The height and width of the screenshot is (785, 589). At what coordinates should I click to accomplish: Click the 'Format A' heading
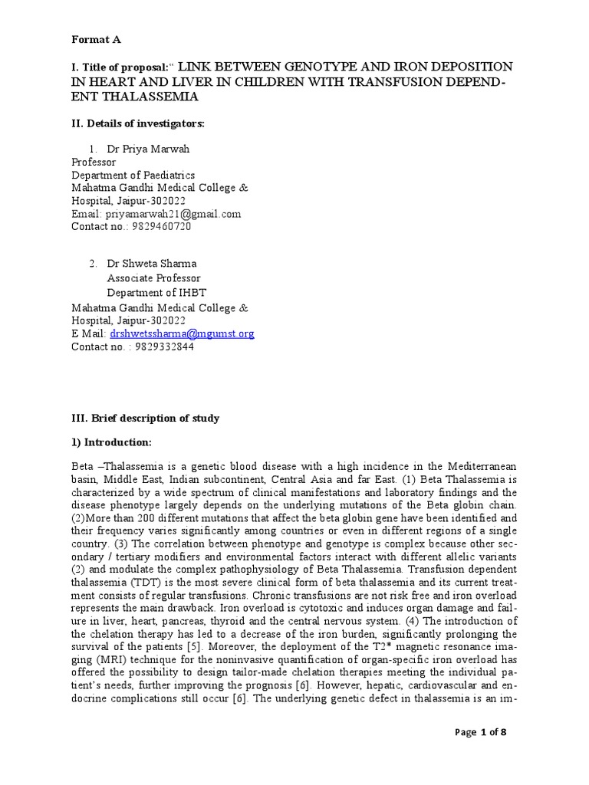[96, 39]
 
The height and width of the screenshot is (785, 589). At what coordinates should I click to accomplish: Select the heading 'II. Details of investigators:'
[138, 123]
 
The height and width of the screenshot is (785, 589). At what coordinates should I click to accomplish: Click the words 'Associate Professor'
[153, 278]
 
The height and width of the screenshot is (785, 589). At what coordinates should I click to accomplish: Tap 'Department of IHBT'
[156, 292]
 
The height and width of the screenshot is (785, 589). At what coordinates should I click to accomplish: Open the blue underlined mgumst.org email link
[182, 333]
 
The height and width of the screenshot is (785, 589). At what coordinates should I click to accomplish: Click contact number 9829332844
[161, 347]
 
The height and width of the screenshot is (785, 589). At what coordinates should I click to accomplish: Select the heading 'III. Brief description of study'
[146, 419]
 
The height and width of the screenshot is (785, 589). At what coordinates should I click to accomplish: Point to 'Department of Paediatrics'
[133, 175]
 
